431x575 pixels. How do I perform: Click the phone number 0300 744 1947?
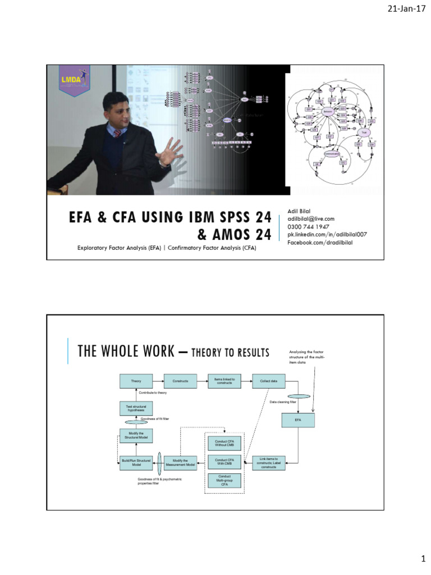308,227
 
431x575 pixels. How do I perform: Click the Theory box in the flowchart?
136,381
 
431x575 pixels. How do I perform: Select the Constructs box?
180,381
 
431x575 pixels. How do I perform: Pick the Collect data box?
268,381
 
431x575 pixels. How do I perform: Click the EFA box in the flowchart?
298,420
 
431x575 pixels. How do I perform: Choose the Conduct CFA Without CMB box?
224,444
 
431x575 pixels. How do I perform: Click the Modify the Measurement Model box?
180,462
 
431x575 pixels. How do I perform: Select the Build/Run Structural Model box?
136,462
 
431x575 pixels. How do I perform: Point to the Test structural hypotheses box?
136,408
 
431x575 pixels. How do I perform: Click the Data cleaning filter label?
283,402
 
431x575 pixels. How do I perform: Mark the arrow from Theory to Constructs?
158,381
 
